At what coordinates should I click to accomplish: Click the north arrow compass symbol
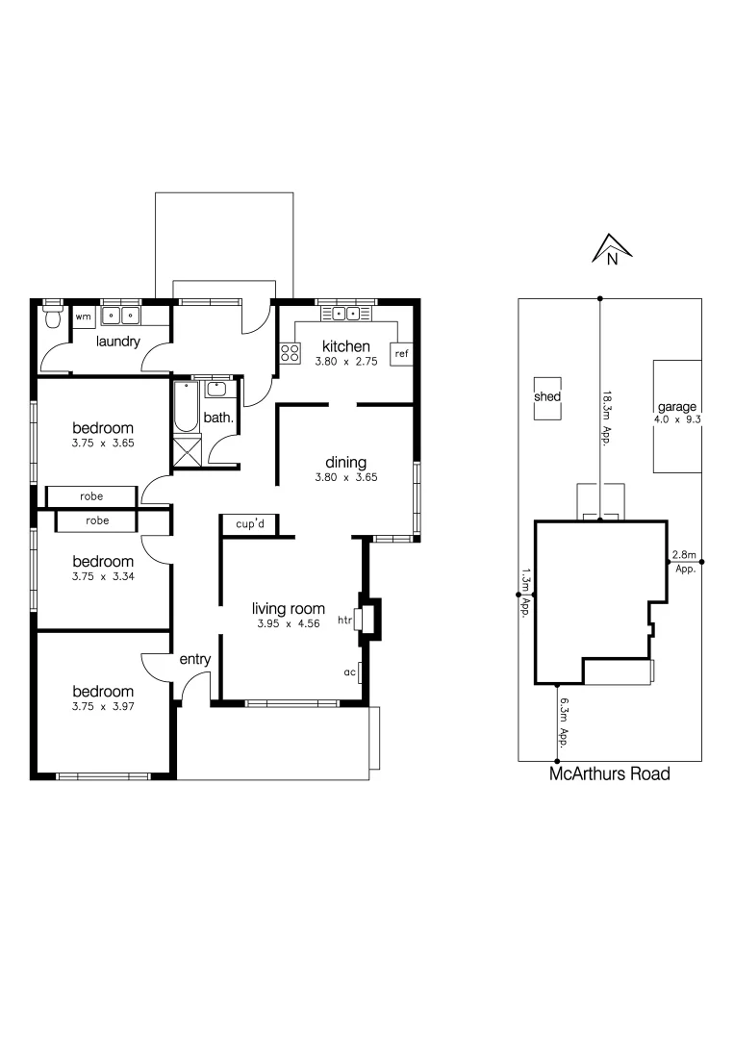[611, 249]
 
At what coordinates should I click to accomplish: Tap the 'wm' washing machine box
[84, 317]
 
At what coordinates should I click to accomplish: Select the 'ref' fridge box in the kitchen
[401, 354]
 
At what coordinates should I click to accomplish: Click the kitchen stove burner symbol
[289, 353]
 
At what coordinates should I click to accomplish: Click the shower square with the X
[187, 451]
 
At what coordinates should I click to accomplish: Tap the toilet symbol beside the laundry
[54, 317]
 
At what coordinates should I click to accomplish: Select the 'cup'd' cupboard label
[250, 523]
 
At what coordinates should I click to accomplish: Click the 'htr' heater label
[344, 621]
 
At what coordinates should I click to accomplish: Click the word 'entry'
[195, 659]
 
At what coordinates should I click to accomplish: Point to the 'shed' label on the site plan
[548, 396]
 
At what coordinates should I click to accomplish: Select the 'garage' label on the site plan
[677, 407]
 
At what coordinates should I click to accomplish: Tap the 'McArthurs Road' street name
[609, 773]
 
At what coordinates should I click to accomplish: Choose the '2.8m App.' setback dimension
[684, 560]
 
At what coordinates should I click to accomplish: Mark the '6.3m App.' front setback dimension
[567, 721]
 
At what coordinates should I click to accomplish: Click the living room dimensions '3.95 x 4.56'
[289, 624]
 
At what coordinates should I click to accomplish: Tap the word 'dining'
[344, 462]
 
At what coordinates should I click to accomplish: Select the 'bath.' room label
[216, 418]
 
